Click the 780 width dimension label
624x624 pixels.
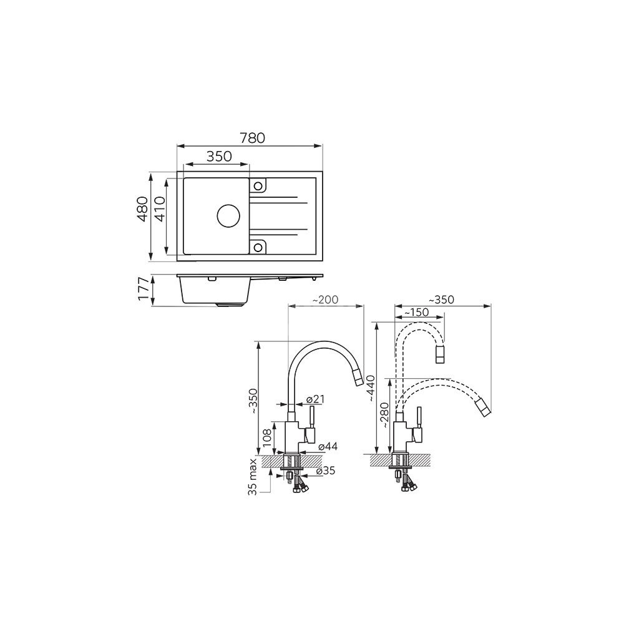252,138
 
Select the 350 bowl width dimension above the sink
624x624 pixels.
219,157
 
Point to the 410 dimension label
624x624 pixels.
160,209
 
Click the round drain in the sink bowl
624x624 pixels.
228,216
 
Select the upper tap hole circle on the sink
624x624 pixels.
258,186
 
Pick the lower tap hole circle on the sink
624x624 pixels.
258,247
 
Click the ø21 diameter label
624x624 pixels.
316,399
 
